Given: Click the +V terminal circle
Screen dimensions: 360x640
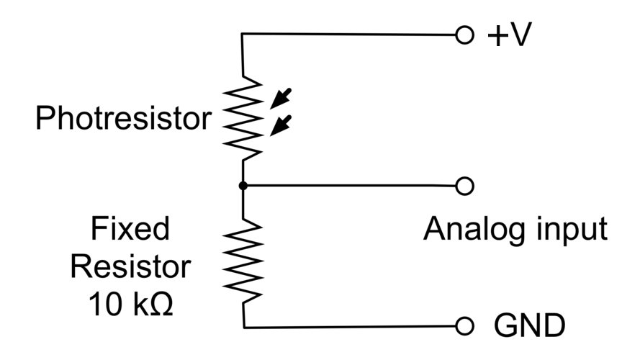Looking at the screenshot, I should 464,35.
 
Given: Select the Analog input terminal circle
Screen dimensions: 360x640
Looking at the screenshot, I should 465,186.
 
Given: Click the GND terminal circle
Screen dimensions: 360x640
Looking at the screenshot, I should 465,326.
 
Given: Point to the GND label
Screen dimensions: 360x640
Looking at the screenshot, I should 529,326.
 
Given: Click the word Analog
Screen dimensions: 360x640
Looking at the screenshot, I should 470,229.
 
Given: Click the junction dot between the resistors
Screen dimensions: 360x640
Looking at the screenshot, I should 243,186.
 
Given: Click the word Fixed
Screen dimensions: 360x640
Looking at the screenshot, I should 130,229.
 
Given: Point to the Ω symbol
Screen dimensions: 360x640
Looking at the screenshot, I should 162,304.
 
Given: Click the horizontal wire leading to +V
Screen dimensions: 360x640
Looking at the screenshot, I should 353,35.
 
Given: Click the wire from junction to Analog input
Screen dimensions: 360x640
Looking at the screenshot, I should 353,186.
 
